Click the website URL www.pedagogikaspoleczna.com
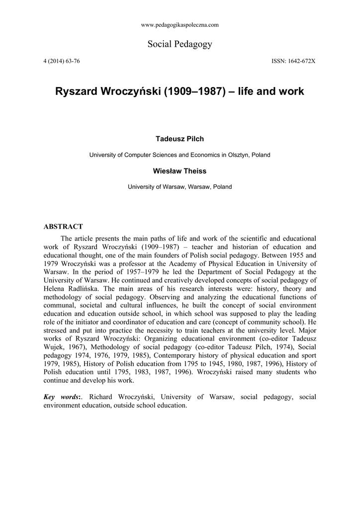coord(180,24)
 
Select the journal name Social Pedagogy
coord(180,44)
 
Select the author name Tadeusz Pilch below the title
coord(180,139)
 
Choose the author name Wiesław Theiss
coord(180,171)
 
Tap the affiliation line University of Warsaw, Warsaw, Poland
coord(180,187)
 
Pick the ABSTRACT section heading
coord(63,226)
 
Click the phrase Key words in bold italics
coord(61,397)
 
